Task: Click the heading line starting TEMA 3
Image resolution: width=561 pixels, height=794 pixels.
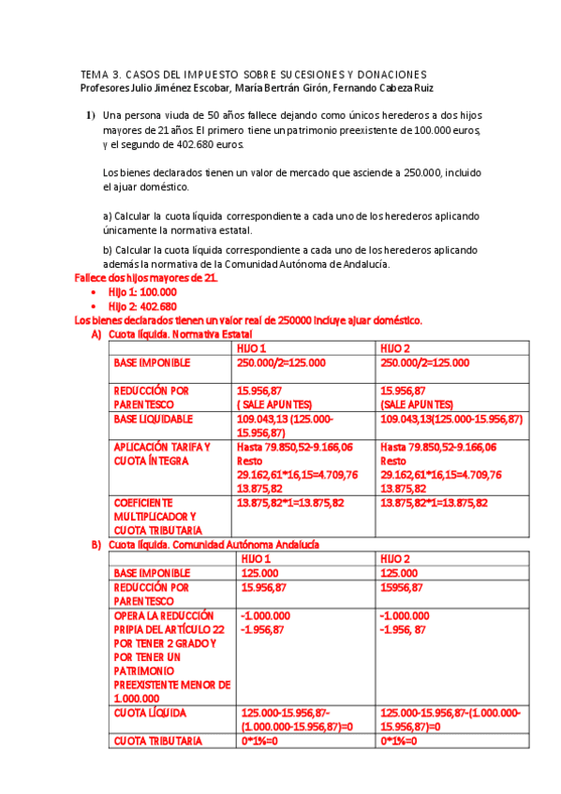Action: click(x=253, y=74)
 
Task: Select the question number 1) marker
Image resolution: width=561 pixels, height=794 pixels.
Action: click(x=91, y=115)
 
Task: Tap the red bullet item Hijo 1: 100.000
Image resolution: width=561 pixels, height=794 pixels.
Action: click(x=142, y=292)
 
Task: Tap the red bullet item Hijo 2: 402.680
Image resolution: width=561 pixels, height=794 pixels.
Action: click(x=142, y=306)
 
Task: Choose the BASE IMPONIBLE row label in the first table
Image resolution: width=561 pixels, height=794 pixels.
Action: click(x=152, y=362)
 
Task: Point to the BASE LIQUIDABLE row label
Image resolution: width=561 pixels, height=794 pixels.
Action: click(x=154, y=419)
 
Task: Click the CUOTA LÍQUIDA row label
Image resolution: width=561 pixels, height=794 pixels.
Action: click(x=150, y=713)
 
